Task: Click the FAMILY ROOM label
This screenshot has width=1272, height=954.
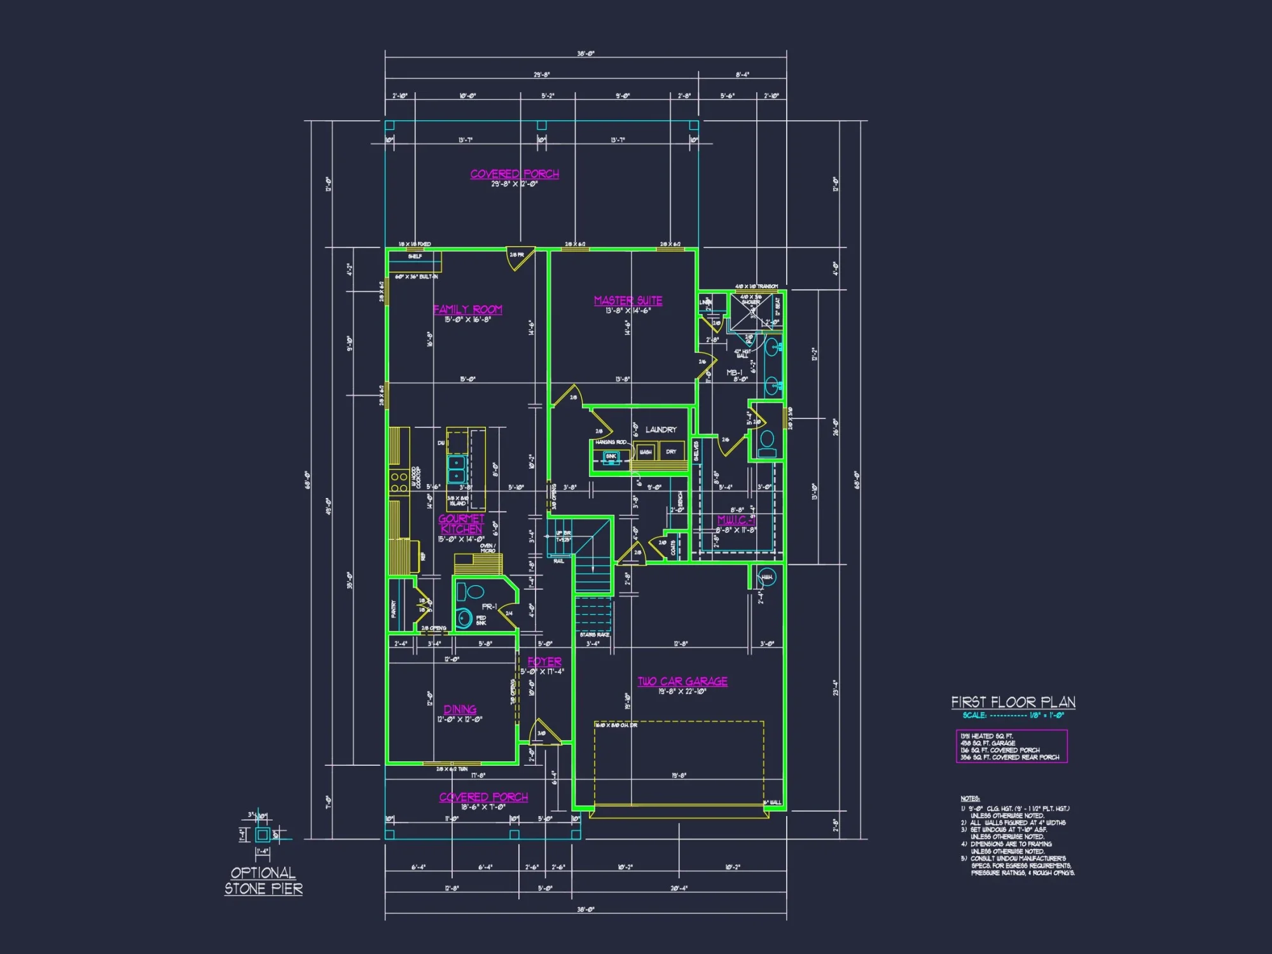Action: click(467, 310)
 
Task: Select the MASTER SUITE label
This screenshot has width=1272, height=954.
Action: click(628, 300)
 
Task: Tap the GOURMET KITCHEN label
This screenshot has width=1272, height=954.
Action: click(462, 523)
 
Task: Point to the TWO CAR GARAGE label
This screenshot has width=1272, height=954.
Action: click(682, 681)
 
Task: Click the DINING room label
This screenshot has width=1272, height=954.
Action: click(460, 709)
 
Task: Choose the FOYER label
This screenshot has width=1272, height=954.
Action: click(544, 661)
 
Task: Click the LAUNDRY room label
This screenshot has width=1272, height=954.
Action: click(661, 429)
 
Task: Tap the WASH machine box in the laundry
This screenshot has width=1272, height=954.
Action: click(646, 452)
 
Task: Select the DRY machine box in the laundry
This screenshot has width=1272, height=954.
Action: click(672, 452)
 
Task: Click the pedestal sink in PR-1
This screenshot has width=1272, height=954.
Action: click(464, 618)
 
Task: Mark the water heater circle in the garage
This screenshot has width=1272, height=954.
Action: click(767, 577)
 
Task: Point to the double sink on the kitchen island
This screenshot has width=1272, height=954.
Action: click(457, 469)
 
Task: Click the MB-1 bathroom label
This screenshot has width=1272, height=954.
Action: click(735, 373)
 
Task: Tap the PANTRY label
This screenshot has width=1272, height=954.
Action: click(394, 609)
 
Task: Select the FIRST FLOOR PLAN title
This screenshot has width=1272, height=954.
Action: click(1013, 702)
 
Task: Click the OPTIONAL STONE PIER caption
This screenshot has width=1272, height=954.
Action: click(263, 881)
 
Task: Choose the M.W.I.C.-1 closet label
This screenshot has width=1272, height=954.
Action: click(736, 520)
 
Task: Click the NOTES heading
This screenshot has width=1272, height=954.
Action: click(970, 798)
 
